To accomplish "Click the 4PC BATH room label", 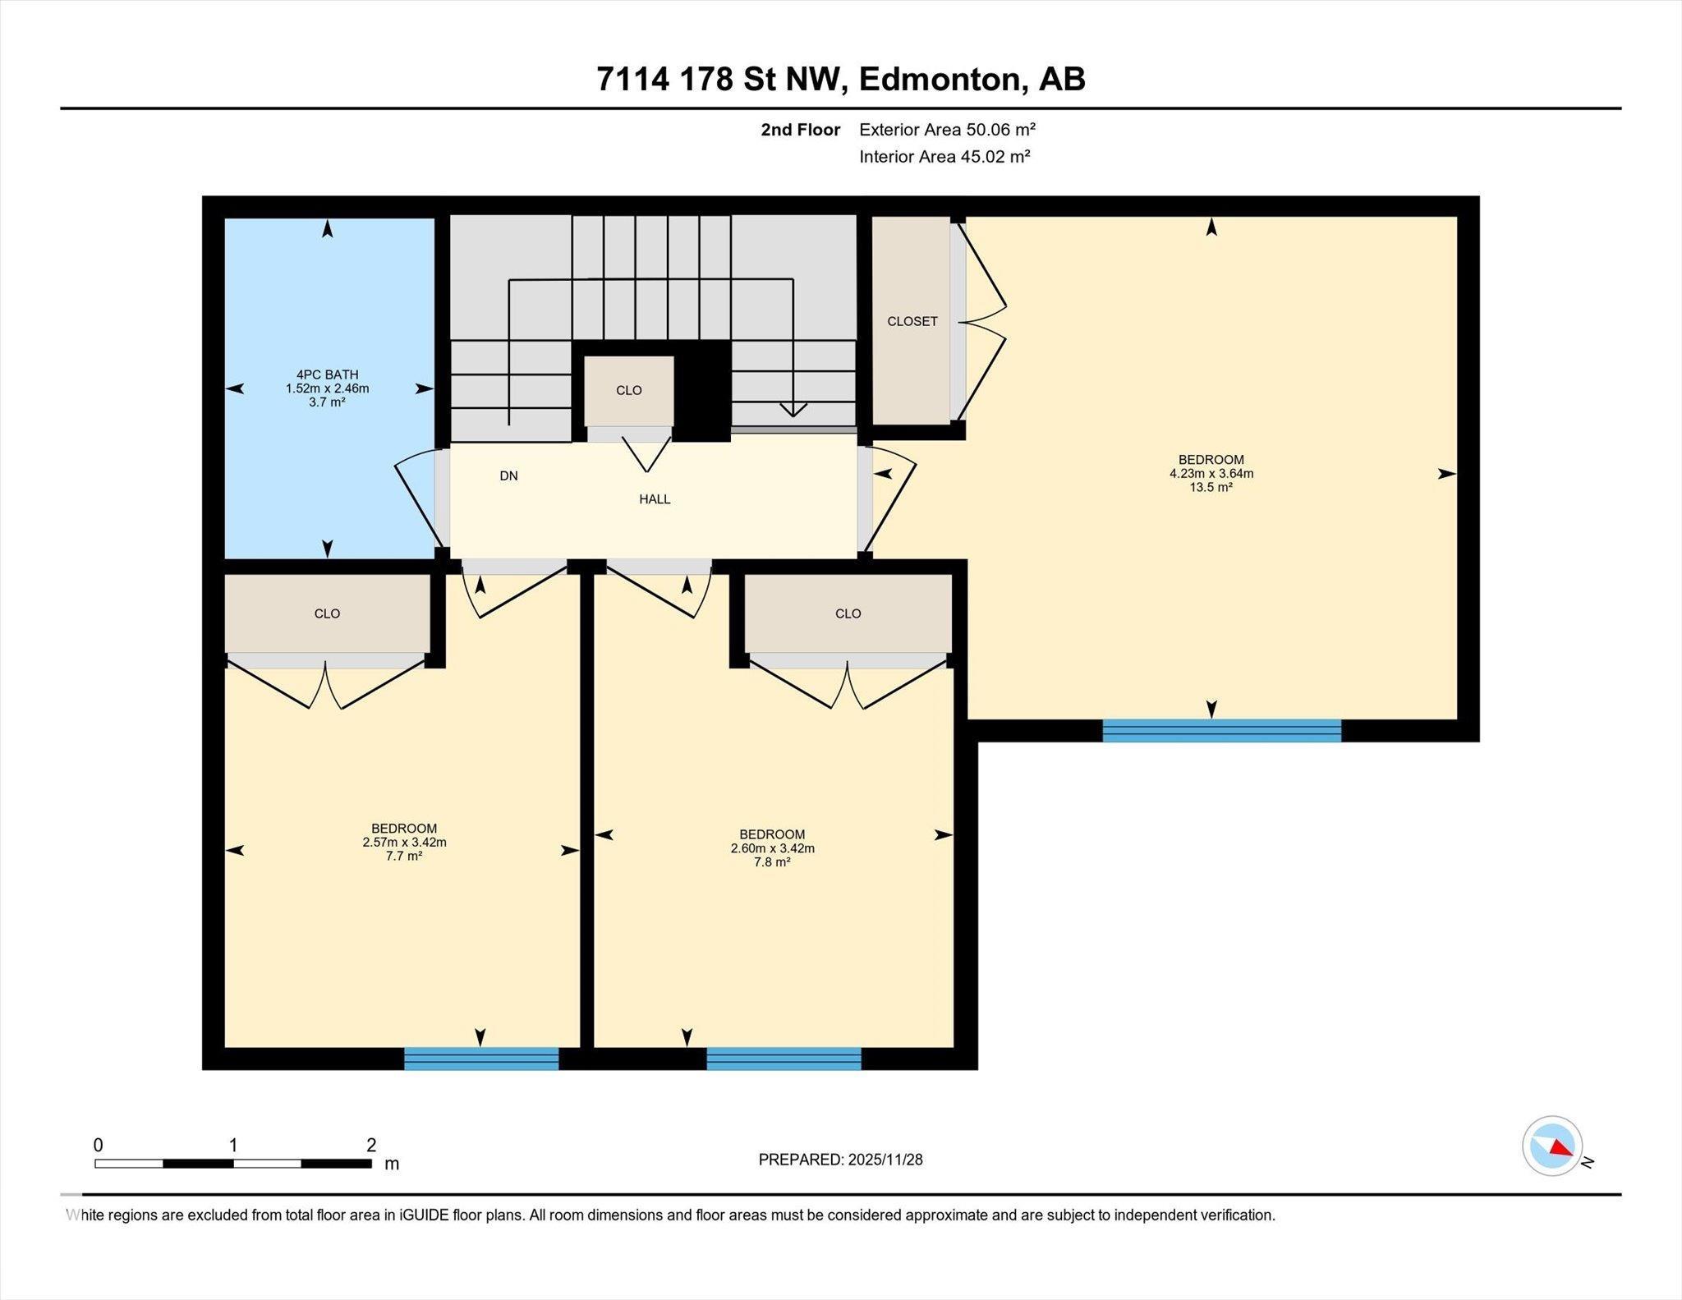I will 327,374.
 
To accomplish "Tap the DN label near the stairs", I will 508,475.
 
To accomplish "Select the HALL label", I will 655,498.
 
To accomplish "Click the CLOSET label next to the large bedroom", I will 912,321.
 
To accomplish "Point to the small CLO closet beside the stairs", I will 629,390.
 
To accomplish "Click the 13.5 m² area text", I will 1211,487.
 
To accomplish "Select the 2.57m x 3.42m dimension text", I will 404,842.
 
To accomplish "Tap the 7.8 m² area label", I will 772,862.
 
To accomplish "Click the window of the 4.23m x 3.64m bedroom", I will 1221,730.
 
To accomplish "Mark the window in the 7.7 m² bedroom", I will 481,1059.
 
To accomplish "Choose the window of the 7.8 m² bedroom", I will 784,1059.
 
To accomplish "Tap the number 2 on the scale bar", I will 371,1144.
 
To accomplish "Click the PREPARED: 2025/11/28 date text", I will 840,1160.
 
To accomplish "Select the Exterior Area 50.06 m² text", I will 947,129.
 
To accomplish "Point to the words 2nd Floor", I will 800,130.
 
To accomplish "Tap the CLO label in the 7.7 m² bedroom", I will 327,613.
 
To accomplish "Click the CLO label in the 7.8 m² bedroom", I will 848,613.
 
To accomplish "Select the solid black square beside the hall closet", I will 702,391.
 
